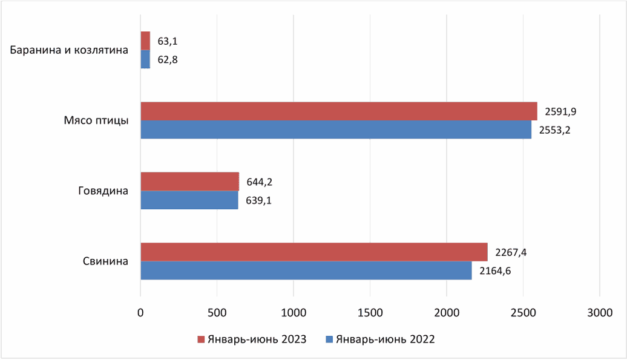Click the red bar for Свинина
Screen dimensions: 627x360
[314, 252]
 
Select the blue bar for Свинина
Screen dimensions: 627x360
[306, 270]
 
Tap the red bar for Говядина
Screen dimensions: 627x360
[190, 182]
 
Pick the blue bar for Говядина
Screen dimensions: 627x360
[189, 200]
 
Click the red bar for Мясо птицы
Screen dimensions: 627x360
[339, 111]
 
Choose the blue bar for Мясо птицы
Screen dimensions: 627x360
[336, 129]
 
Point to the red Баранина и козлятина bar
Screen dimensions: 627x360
[145, 41]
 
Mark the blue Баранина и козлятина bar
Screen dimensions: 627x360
[145, 59]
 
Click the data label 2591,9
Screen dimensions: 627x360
[560, 111]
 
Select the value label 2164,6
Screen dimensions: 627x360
[495, 271]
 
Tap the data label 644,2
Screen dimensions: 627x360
[260, 182]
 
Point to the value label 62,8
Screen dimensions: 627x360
[168, 60]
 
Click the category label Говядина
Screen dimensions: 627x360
[103, 191]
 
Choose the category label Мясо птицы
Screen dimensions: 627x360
[96, 120]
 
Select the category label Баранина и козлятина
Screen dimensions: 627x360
[69, 50]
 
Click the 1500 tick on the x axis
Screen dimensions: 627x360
[370, 312]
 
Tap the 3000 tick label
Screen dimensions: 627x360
[600, 312]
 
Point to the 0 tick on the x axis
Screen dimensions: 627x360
[140, 312]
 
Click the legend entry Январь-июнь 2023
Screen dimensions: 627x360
[252, 339]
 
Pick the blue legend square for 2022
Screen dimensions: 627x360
[329, 339]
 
